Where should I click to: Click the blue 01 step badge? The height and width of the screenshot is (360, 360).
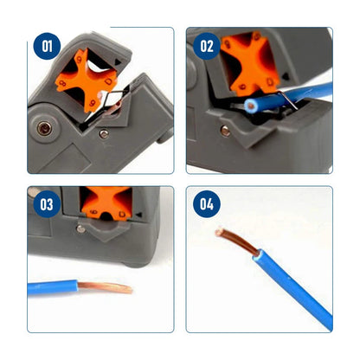(x=47, y=46)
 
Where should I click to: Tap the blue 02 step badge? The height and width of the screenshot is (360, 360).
(x=206, y=46)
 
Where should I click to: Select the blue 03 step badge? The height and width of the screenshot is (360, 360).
(x=47, y=206)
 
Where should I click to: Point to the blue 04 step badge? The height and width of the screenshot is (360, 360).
(x=206, y=206)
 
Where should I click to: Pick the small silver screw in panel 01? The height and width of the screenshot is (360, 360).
(x=103, y=133)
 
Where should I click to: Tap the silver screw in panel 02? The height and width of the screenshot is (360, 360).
(x=226, y=131)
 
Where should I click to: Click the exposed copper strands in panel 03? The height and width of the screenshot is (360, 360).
(x=109, y=286)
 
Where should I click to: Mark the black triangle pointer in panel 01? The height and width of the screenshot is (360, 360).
(x=112, y=61)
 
